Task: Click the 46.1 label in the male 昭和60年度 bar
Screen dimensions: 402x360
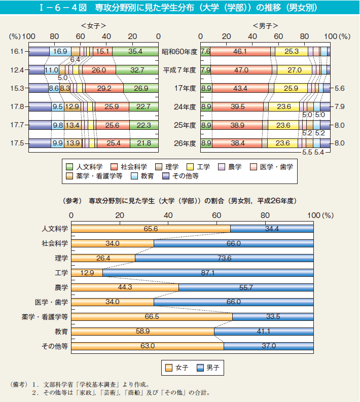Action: (x=240, y=52)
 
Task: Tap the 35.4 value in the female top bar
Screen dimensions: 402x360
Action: (x=135, y=52)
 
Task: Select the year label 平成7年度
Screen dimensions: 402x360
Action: (x=179, y=70)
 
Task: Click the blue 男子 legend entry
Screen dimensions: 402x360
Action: (x=208, y=368)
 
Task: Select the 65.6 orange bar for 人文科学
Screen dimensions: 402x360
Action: (x=151, y=229)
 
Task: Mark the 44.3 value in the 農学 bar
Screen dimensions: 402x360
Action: (x=125, y=287)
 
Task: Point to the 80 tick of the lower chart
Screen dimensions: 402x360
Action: (x=265, y=215)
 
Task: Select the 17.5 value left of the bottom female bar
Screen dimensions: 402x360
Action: (x=17, y=143)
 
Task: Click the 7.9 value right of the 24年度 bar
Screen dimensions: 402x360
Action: (x=340, y=106)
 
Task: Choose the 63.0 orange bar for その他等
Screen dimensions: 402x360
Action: (x=148, y=346)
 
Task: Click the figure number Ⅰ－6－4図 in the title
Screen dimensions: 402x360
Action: (x=65, y=8)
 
